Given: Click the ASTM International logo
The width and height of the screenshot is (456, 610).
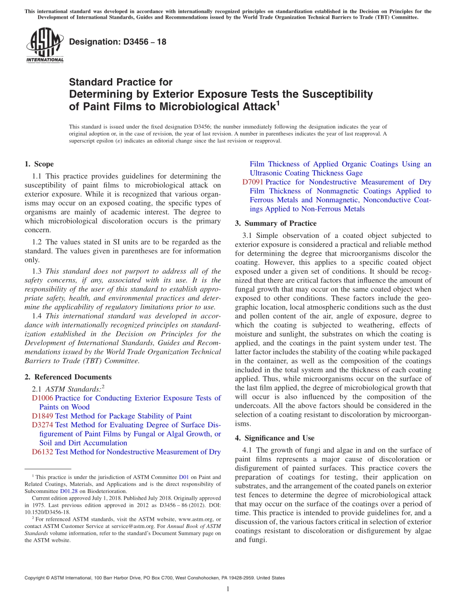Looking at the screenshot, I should click(45, 46).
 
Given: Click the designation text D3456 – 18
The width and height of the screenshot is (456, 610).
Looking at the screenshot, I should click(118, 42).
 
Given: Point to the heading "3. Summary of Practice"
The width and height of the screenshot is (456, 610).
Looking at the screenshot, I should click(276, 223).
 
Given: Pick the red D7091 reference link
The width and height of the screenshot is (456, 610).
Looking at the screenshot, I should click(252, 182).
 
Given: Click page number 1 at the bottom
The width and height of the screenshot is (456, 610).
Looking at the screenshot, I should click(228, 589).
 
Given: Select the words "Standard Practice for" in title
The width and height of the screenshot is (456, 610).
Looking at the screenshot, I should click(120, 82).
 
